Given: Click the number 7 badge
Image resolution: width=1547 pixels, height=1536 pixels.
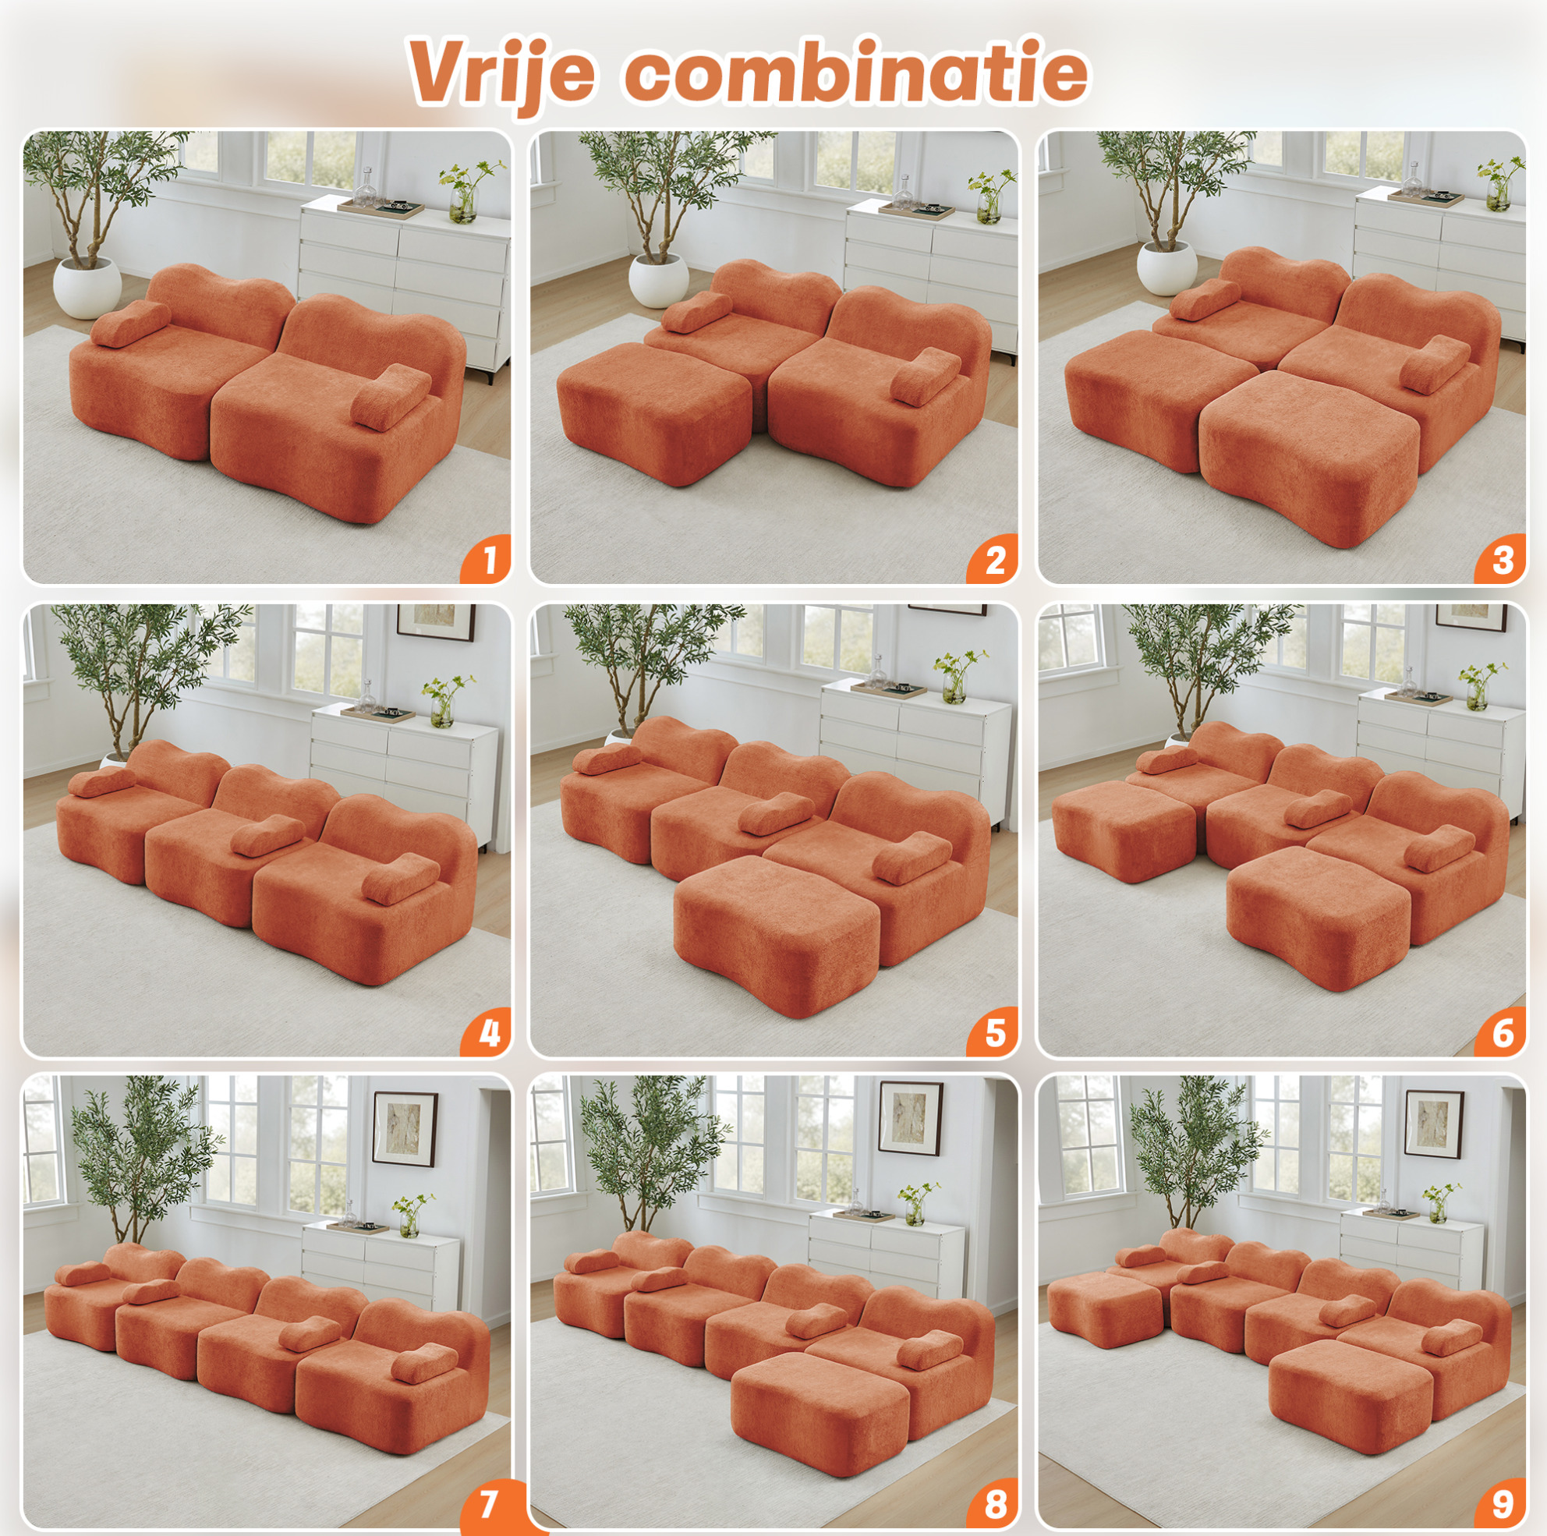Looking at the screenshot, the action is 487,1503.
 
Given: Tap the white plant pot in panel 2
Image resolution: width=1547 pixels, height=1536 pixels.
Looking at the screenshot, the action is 658,279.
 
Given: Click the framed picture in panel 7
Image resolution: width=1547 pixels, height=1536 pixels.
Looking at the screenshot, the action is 405,1129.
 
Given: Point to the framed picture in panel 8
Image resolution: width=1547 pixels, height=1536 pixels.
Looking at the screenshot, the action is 911,1118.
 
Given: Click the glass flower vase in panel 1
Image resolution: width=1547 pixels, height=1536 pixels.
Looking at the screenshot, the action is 462,204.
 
